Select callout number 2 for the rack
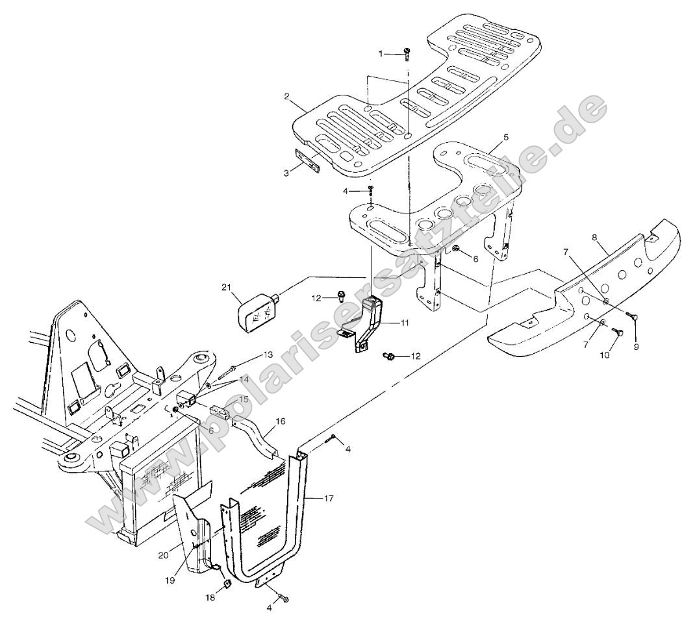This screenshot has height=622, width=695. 286,96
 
